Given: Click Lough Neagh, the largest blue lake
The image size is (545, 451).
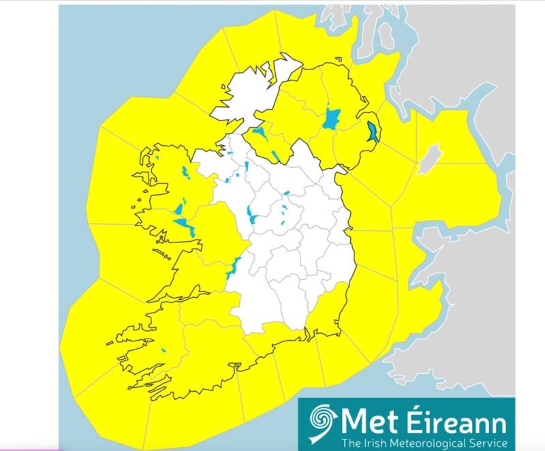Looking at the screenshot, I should click(x=332, y=118).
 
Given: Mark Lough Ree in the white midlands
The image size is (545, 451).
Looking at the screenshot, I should click(x=251, y=216).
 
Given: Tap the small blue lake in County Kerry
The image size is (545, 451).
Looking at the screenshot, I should click(x=164, y=352).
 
